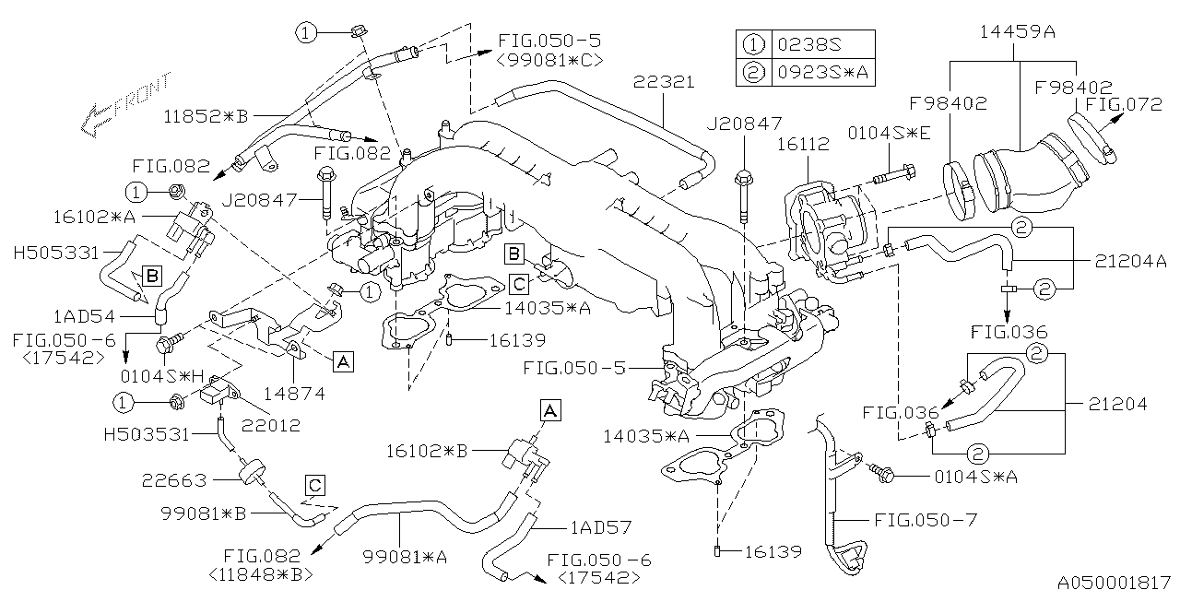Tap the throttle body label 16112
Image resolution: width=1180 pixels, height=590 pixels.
(x=803, y=145)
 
